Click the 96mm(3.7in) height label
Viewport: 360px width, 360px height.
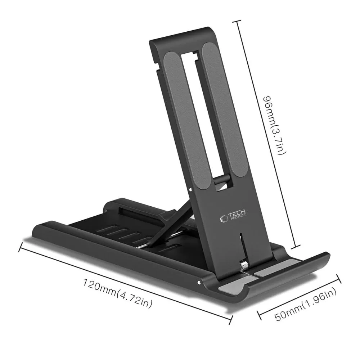274,125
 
